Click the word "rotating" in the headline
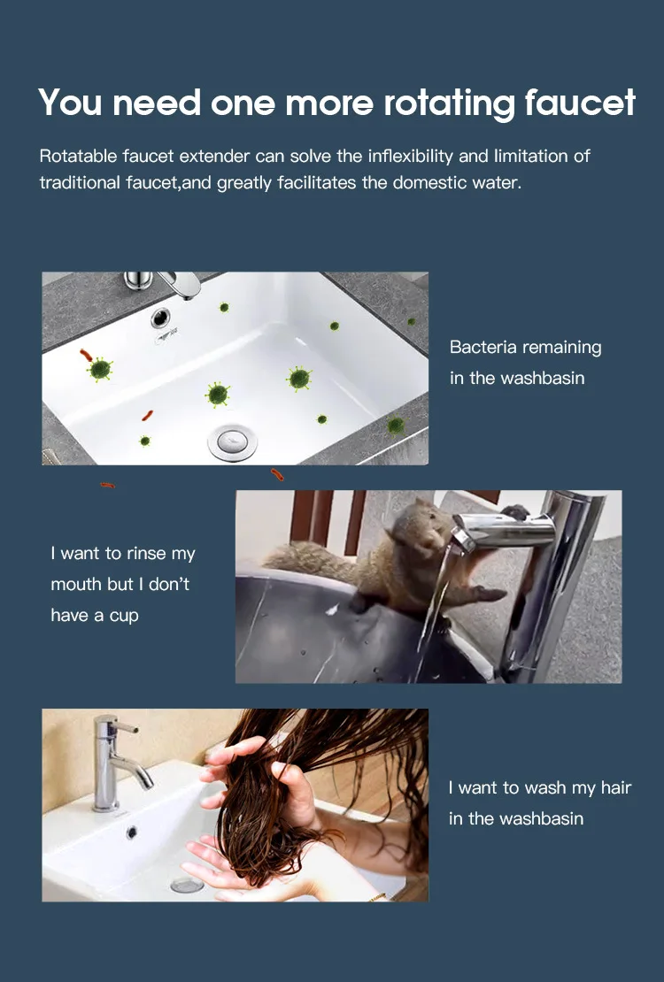click(x=449, y=104)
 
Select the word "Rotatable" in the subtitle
click(x=79, y=156)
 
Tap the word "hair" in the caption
click(x=615, y=787)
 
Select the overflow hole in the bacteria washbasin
click(x=160, y=318)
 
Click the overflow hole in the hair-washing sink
click(x=132, y=832)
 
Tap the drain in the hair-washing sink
click(x=187, y=885)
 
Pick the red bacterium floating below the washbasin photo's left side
click(x=107, y=485)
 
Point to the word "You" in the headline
click(x=70, y=103)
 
